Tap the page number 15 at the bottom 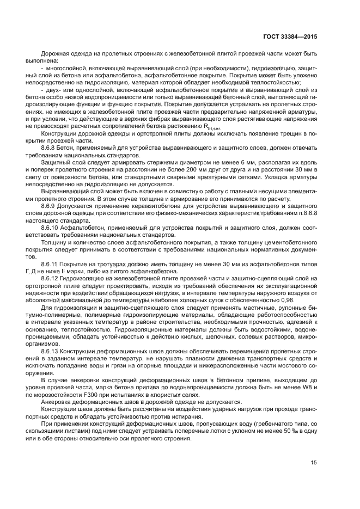(314, 463)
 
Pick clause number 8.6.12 (52, 277)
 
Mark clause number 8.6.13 (52, 352)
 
